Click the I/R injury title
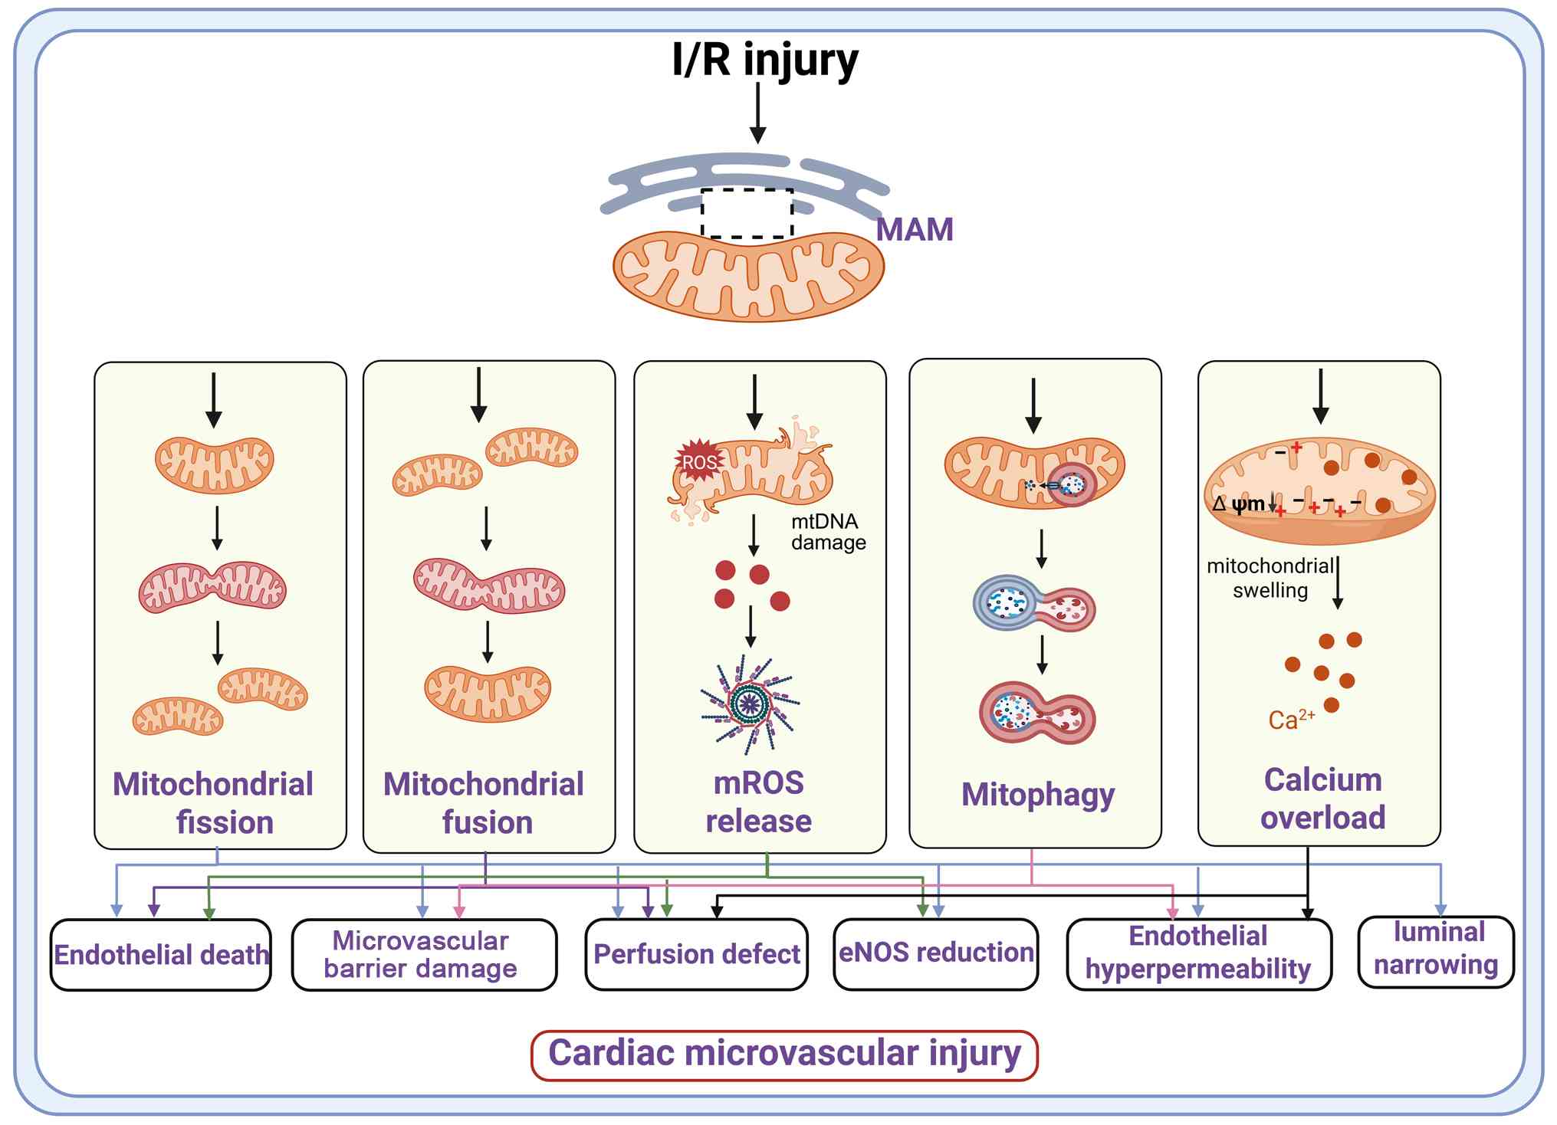[x=764, y=60]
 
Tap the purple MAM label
[x=915, y=230]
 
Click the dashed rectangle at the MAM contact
[x=747, y=213]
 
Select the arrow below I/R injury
[x=757, y=113]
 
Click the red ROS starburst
[x=698, y=461]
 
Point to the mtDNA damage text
[x=828, y=532]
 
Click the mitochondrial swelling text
[x=1270, y=578]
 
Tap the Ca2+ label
[x=1291, y=720]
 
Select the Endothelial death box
[x=161, y=955]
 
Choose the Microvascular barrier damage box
[x=424, y=955]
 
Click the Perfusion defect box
[x=696, y=954]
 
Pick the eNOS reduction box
[x=936, y=953]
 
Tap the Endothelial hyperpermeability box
[x=1198, y=953]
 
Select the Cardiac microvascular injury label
[x=784, y=1054]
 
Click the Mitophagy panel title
[x=1038, y=795]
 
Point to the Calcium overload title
[x=1322, y=799]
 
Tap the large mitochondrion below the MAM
[x=748, y=275]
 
